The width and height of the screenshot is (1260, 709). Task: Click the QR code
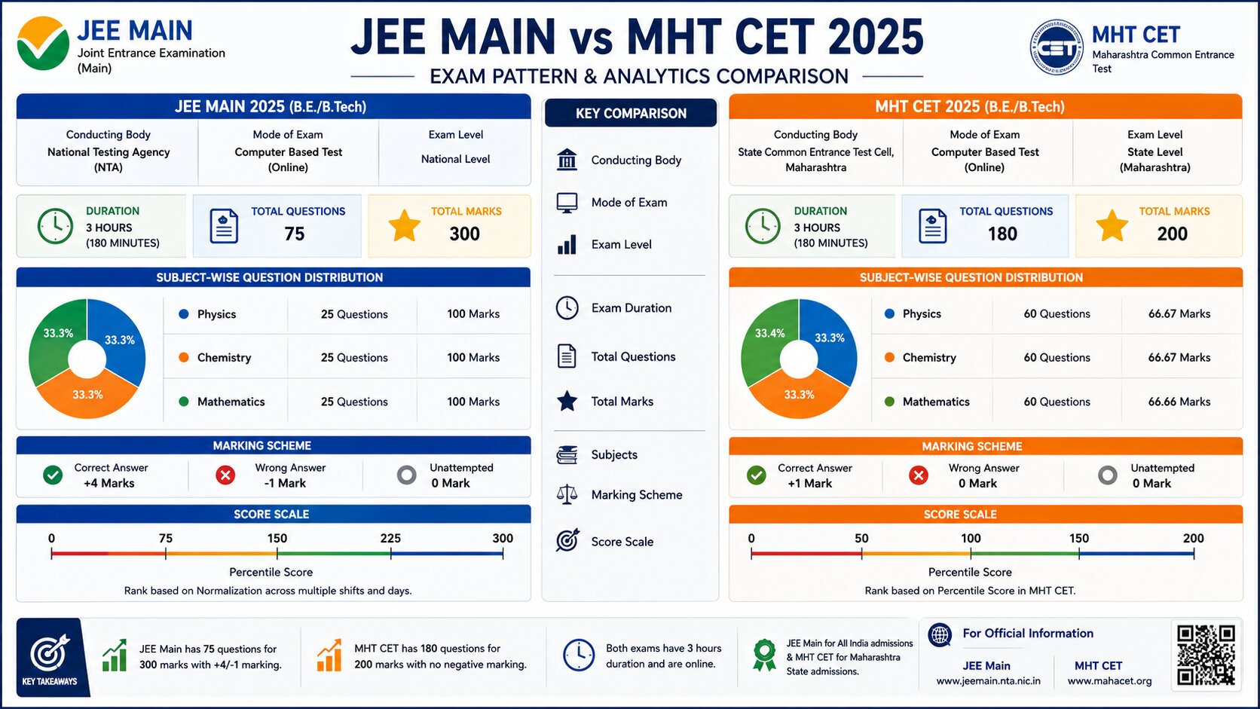(1206, 655)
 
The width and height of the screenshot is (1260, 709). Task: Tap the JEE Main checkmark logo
(43, 43)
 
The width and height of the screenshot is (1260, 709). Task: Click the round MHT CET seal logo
(1057, 47)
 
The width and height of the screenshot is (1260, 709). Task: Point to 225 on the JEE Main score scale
(390, 538)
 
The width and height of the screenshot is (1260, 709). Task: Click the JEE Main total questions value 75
(294, 234)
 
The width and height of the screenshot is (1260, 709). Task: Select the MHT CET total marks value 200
(1173, 234)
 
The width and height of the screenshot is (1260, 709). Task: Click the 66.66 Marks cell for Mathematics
(1179, 402)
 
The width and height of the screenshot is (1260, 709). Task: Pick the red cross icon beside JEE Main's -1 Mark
(225, 475)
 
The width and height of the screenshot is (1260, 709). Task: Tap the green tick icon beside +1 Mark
(757, 475)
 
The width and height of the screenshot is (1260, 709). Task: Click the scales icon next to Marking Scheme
(567, 495)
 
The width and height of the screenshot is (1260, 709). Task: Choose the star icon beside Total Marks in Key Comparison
(567, 401)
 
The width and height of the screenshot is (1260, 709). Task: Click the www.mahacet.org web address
(1109, 681)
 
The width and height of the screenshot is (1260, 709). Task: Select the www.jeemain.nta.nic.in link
(988, 681)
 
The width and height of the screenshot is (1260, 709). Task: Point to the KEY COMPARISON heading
(631, 114)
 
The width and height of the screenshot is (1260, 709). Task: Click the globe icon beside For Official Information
(940, 634)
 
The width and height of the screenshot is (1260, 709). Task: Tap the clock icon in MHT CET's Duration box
(762, 226)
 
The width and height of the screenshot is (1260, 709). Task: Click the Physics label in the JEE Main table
(216, 314)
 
